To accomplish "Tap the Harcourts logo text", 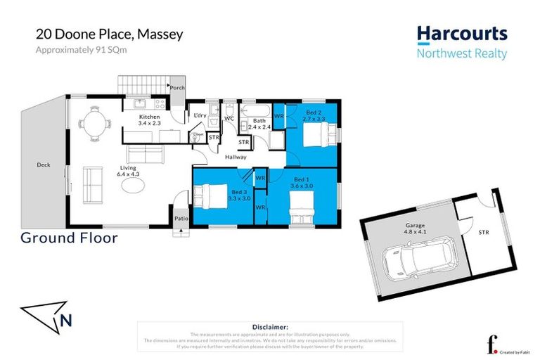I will coord(461,34).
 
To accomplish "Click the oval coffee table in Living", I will coord(134,184).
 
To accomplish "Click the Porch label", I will coord(176,88).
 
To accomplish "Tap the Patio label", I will coord(180,218).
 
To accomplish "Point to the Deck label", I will coord(44,165).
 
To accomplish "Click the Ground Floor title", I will coord(69,238).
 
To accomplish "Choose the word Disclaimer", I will coord(270,327).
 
